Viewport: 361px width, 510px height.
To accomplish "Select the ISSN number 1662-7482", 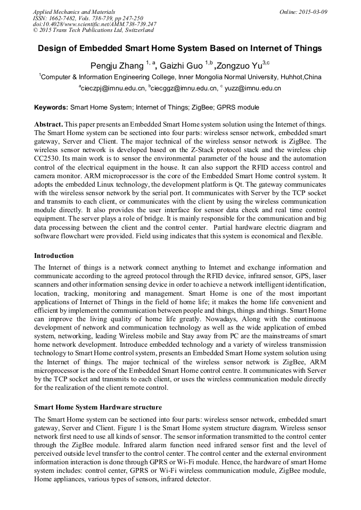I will (x=65, y=18).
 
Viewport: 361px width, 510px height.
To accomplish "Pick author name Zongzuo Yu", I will (x=240, y=66).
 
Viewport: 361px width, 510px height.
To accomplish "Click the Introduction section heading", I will (x=54, y=256).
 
